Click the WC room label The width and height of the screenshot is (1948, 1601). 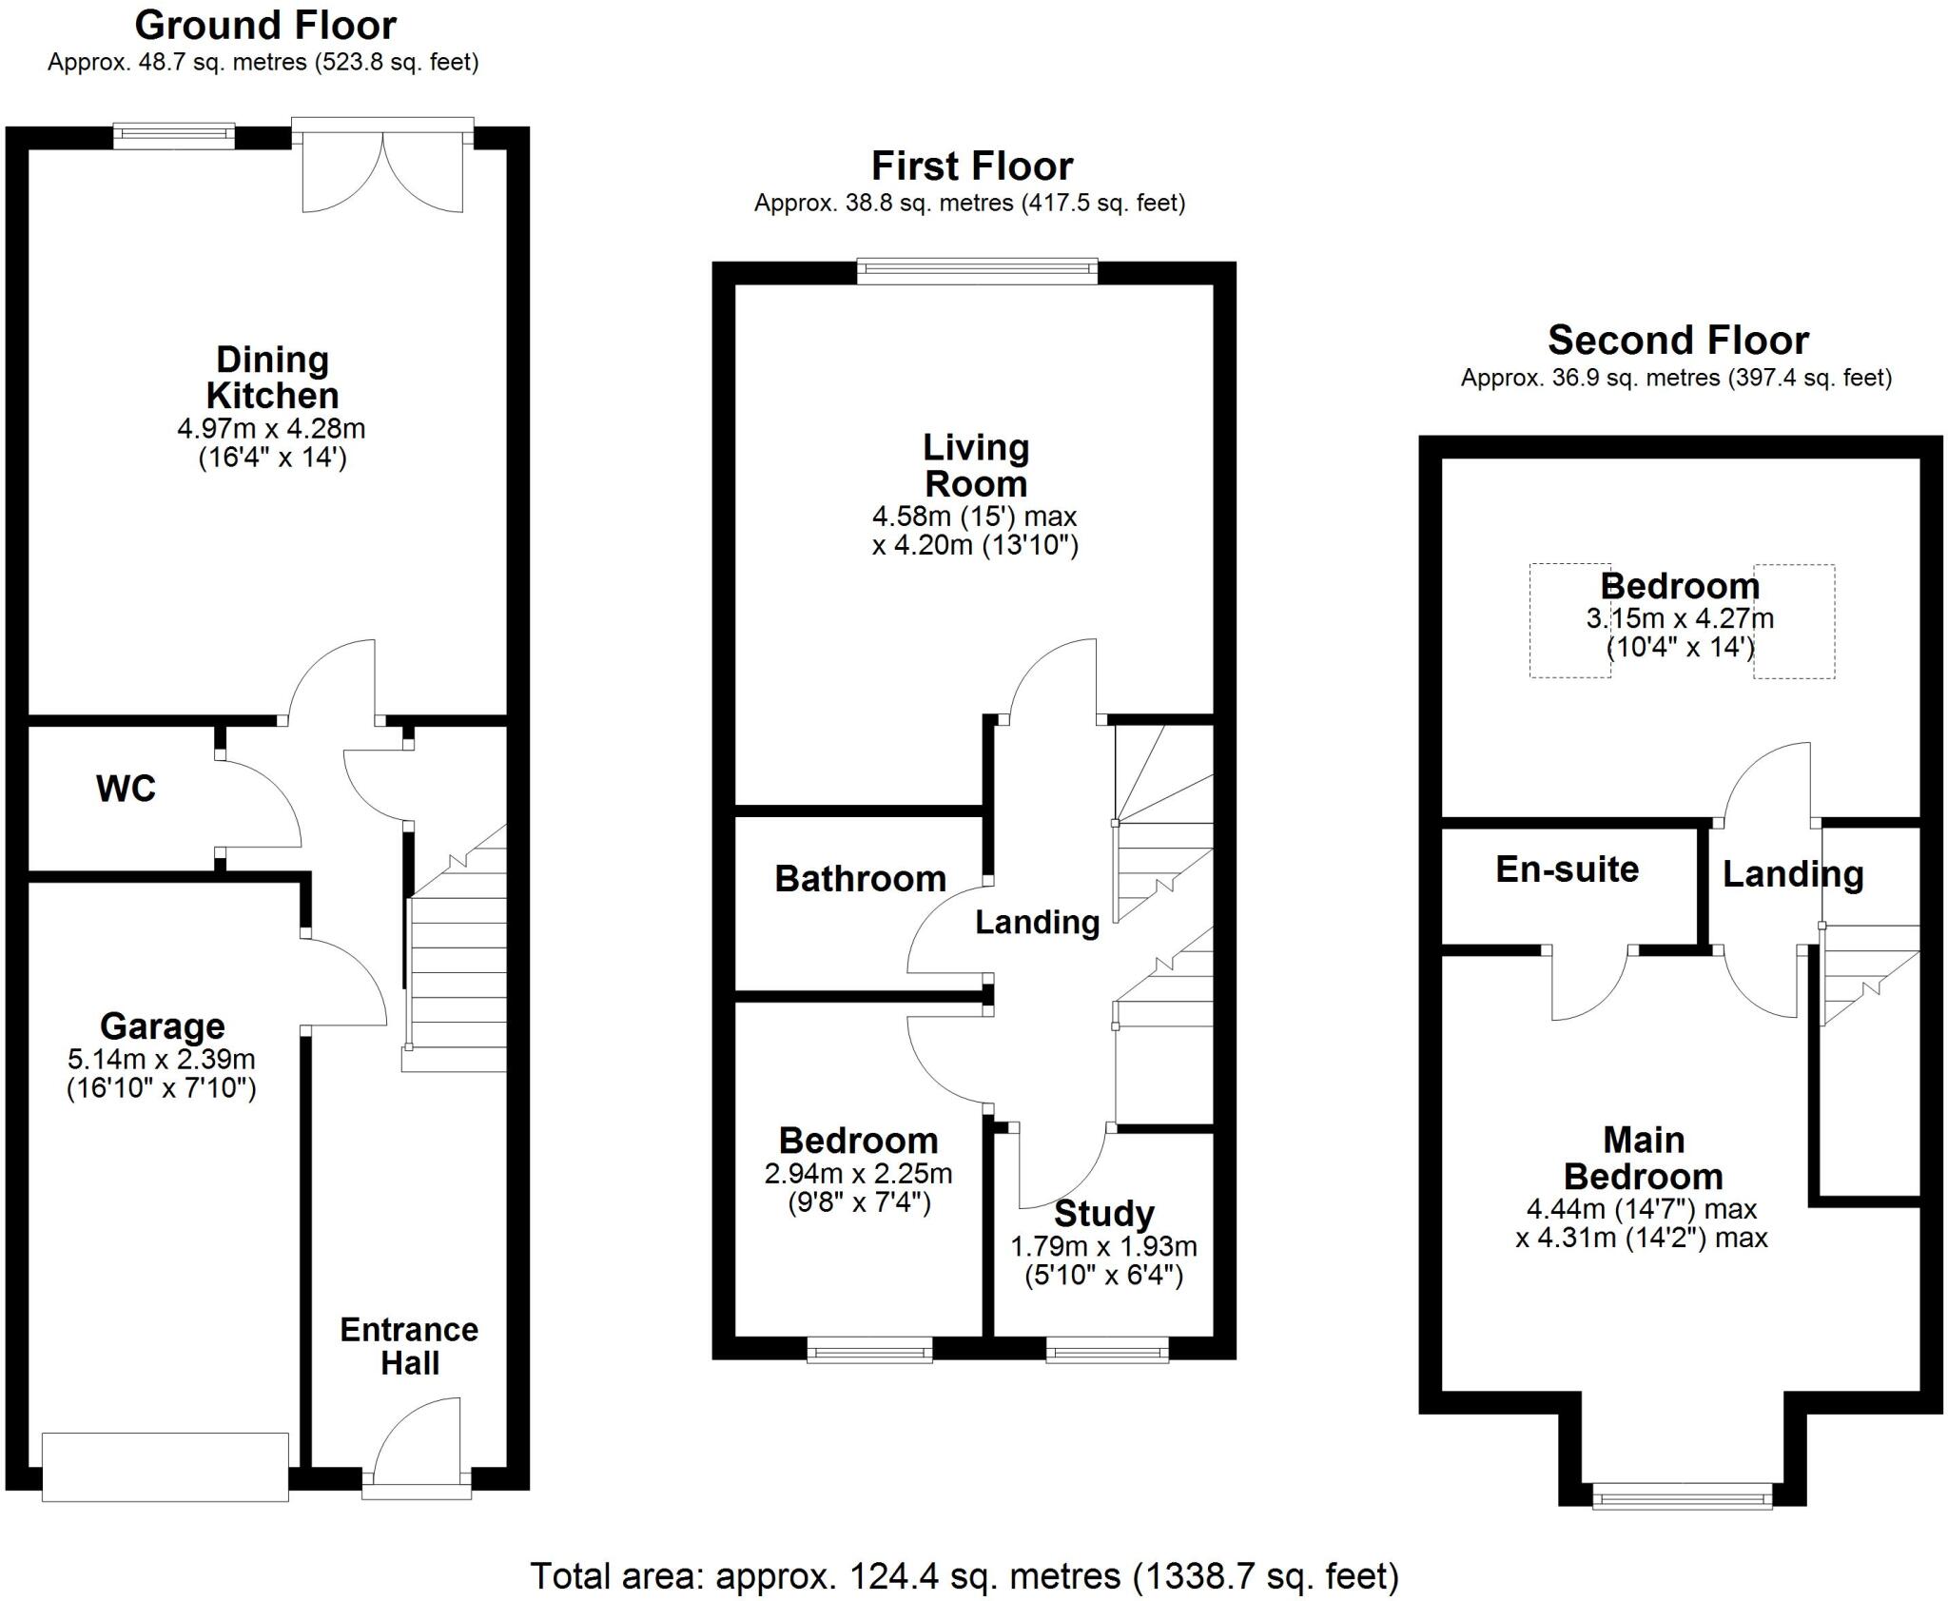[x=126, y=789]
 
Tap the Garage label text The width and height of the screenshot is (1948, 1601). [x=163, y=1026]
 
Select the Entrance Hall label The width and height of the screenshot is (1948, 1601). [x=409, y=1346]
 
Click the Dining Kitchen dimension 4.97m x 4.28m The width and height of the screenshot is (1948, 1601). [x=271, y=428]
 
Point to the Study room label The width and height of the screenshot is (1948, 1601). [x=1104, y=1214]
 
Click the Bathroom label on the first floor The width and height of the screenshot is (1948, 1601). [x=860, y=878]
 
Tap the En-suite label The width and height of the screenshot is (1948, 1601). [x=1567, y=869]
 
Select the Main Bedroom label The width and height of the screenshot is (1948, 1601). [x=1644, y=1158]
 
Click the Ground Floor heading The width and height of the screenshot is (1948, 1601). [x=265, y=25]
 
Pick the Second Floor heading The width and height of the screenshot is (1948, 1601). [x=1678, y=340]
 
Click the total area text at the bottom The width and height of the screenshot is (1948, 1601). [x=964, y=1576]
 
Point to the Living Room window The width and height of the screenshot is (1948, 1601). [x=977, y=272]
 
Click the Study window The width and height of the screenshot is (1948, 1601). [x=1107, y=1350]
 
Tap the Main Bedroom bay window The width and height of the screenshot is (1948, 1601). [x=1683, y=1497]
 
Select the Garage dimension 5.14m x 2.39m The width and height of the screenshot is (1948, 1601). [x=162, y=1058]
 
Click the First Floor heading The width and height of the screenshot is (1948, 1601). [x=972, y=166]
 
